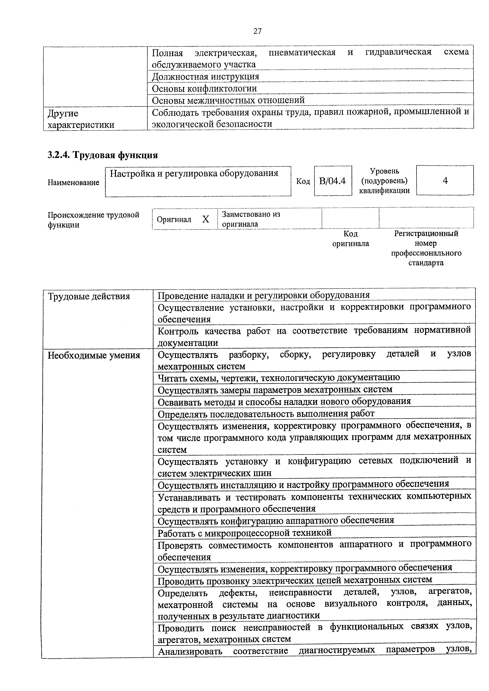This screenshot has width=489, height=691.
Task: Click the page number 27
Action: point(257,31)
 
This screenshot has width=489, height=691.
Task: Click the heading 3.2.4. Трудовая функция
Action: point(103,155)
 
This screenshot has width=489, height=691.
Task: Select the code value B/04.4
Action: point(332,181)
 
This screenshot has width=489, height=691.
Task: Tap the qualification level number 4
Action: point(445,181)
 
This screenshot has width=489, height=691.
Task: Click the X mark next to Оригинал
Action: point(206,219)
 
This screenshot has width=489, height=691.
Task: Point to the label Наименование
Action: point(73,182)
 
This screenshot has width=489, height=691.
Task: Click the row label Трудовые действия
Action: point(89,296)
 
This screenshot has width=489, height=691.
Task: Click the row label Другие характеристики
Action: point(81,119)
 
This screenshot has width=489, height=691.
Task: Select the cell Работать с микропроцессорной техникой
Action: point(244,533)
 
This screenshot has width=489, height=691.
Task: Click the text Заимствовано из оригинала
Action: point(251,219)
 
